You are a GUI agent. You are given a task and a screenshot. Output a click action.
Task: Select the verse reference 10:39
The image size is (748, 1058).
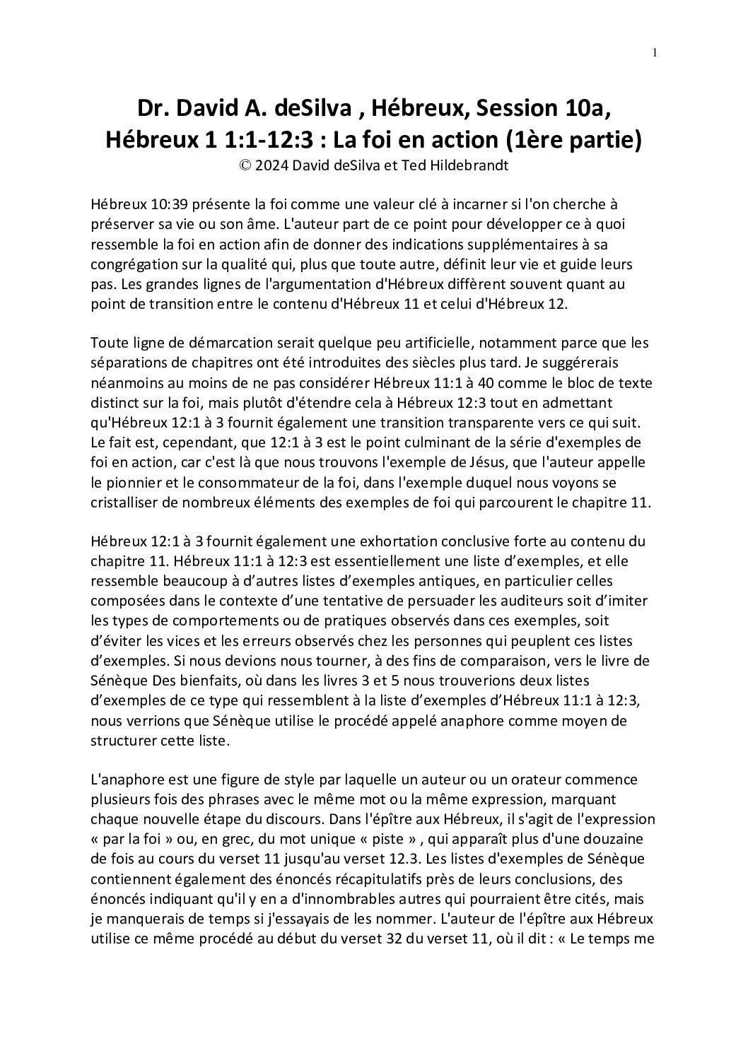click(x=163, y=204)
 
